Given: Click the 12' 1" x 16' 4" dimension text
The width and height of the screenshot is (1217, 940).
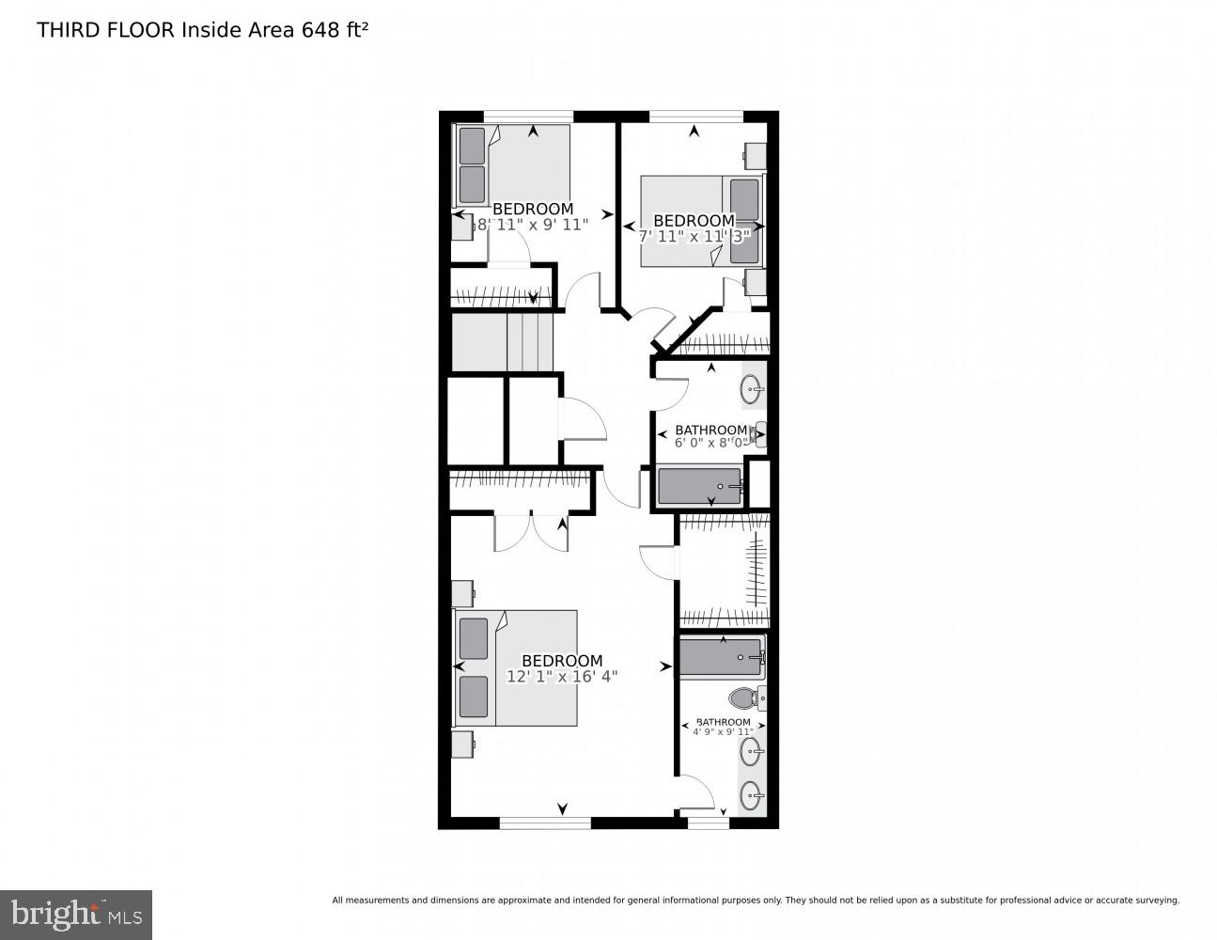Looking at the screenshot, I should coord(562,677).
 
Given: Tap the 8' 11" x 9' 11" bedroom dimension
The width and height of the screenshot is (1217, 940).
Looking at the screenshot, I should coord(532,225).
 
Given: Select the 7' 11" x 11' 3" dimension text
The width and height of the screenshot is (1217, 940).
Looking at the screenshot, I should coord(694,236).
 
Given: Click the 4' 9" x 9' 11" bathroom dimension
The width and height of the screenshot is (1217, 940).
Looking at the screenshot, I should coord(723,731).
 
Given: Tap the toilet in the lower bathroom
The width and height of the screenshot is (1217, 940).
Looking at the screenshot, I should coord(745,697).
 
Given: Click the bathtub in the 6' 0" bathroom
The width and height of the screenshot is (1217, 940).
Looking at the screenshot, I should coord(700,486).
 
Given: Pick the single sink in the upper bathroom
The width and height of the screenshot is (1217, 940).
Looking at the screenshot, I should coord(753,384).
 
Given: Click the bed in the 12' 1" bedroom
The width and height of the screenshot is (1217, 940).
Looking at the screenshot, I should coord(517,667).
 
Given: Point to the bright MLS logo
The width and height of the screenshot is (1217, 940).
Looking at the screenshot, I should coord(76,915).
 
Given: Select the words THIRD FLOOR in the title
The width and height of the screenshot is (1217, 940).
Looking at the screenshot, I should coord(105,29).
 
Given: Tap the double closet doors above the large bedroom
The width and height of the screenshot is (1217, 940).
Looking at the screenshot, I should coord(530,531).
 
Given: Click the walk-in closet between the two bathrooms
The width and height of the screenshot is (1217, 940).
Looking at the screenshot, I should coord(724,570).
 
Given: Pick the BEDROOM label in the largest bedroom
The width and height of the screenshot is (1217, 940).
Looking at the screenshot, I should coord(562,661).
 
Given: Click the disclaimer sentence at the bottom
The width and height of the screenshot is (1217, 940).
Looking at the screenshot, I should coord(756,901).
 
